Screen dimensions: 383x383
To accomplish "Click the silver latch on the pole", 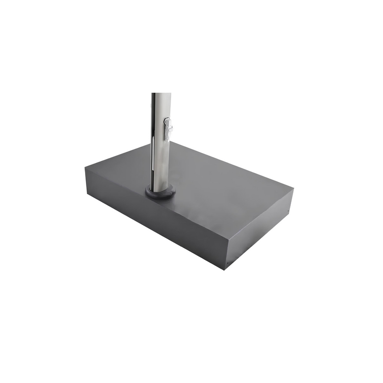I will pyautogui.click(x=168, y=128).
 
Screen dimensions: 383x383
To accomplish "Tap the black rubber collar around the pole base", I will pyautogui.click(x=160, y=192).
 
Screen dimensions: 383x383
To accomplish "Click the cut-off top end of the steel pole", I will pyautogui.click(x=161, y=94).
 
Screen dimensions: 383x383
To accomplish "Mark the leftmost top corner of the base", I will pyautogui.click(x=85, y=166).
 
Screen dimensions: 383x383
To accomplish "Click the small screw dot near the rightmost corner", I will pyautogui.click(x=289, y=211).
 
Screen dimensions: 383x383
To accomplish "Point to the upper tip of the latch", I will pyautogui.click(x=167, y=119).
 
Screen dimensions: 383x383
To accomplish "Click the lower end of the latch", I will pyautogui.click(x=168, y=138).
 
